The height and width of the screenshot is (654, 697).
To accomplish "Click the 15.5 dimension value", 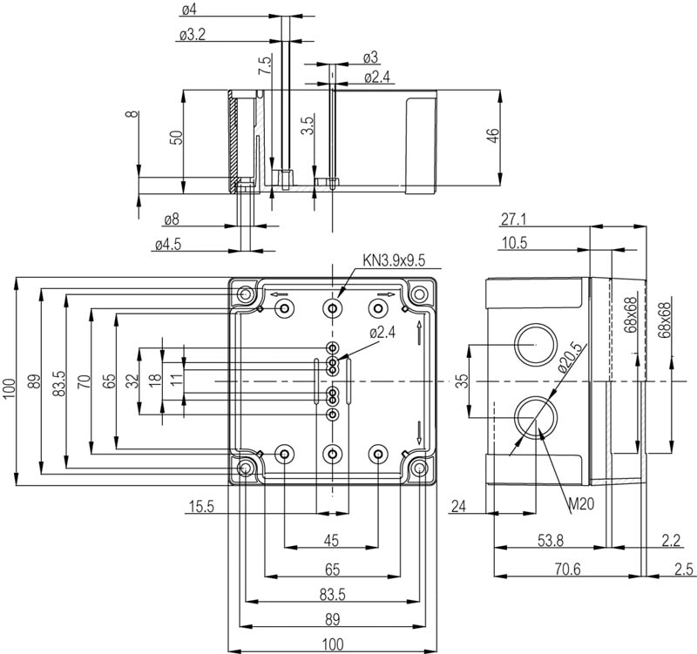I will [201, 505].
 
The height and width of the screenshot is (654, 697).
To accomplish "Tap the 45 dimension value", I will [331, 541].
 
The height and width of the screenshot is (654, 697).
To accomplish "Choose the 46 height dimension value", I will [493, 138].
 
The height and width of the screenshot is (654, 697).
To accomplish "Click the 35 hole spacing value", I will [463, 381].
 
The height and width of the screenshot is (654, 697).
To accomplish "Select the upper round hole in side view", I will [534, 345].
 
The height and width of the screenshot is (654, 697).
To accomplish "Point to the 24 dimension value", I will [460, 505].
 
